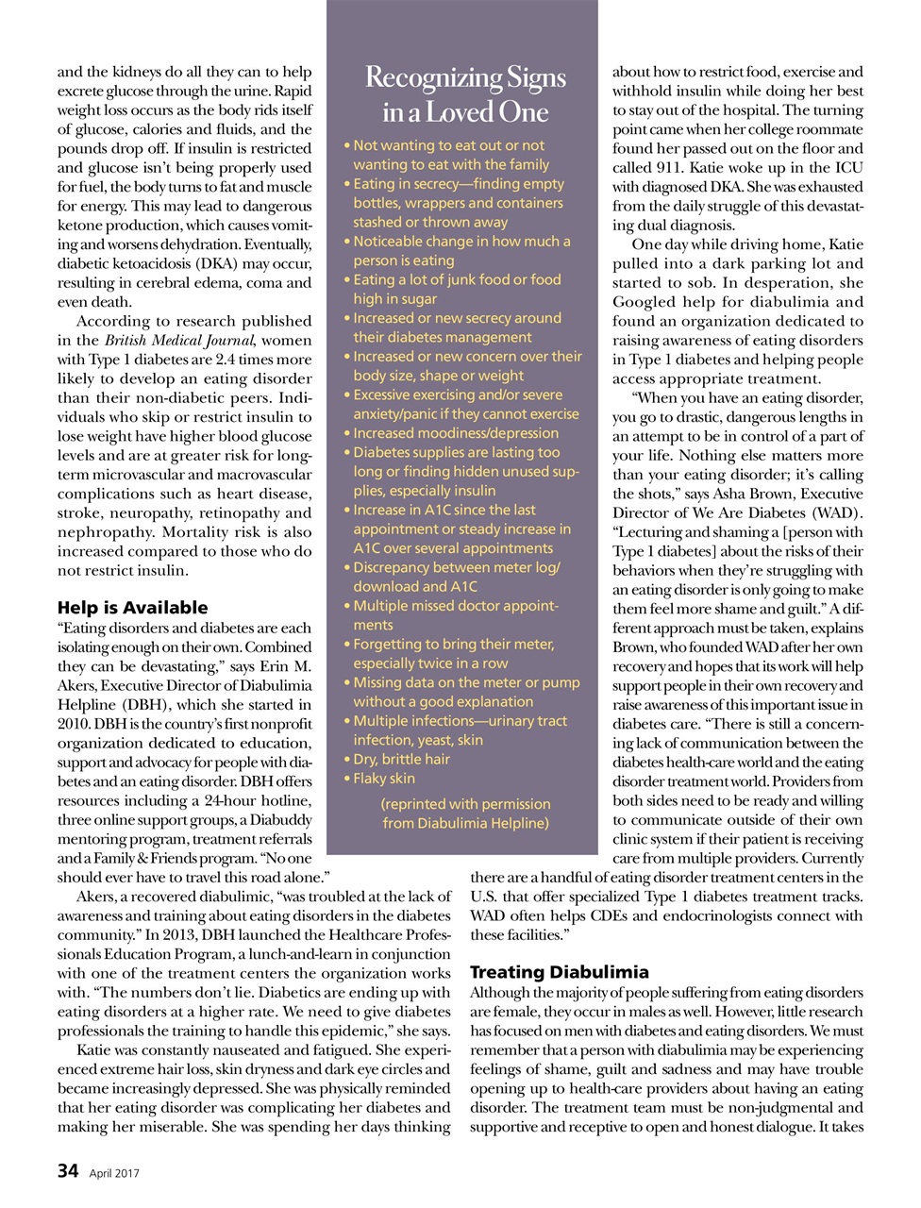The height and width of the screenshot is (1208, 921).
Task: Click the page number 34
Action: click(67, 1170)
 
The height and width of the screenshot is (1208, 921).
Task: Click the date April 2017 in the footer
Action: click(114, 1173)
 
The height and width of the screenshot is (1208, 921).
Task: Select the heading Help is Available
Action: click(132, 608)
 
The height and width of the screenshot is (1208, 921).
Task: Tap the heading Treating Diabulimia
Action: click(559, 972)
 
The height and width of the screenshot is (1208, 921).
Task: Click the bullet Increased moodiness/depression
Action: click(455, 433)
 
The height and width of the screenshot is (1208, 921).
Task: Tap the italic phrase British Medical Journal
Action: click(179, 340)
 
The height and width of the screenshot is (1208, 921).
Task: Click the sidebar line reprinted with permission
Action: click(465, 804)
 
